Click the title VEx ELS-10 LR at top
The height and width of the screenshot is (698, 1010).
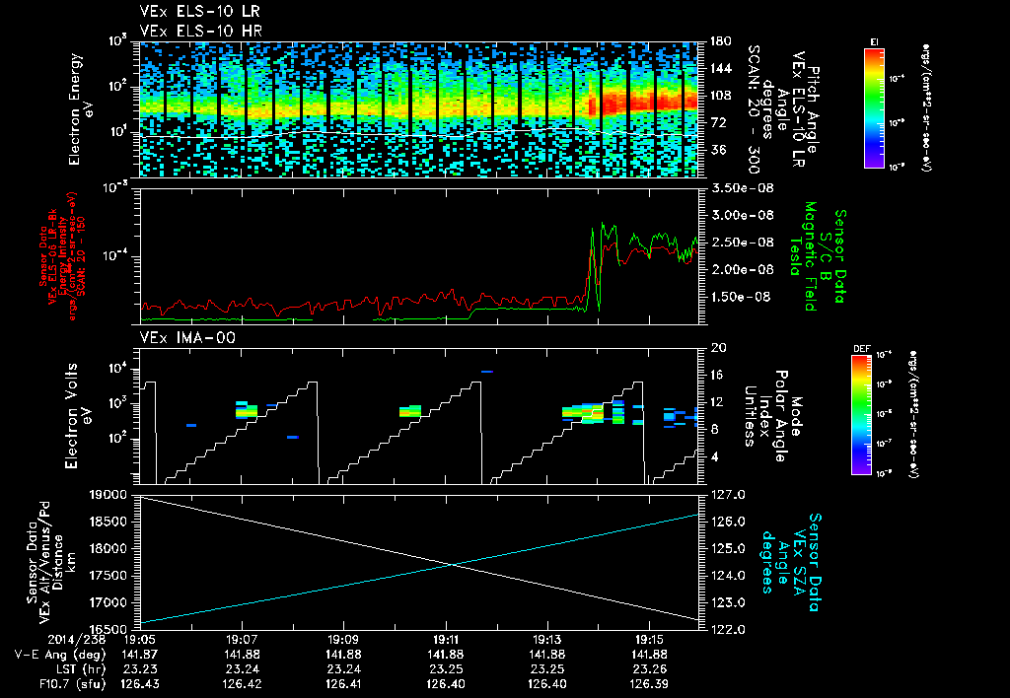pos(193,11)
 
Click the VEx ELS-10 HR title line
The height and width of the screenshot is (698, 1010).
pos(193,31)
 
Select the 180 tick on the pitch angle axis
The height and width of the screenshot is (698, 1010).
pos(719,41)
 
